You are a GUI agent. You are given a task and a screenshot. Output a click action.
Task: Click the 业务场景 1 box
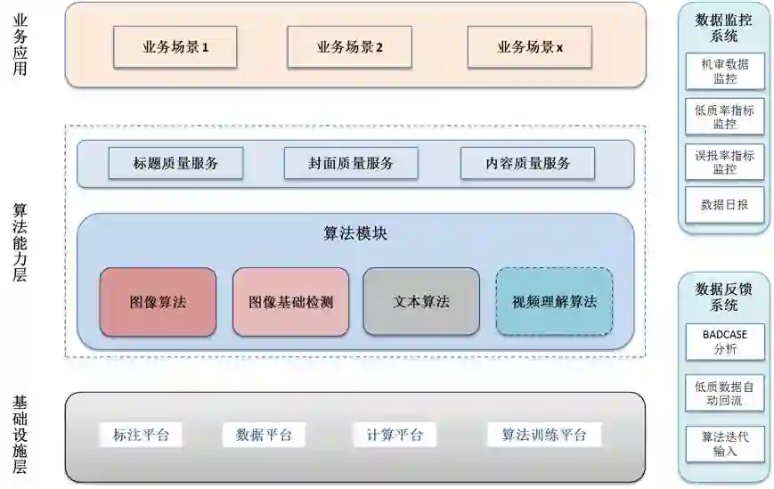[x=175, y=47]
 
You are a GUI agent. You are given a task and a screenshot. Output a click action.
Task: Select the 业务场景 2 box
[x=349, y=47]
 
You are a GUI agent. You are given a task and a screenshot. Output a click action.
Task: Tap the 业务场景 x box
[x=530, y=47]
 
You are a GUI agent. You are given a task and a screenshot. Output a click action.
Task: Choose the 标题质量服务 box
[x=175, y=163]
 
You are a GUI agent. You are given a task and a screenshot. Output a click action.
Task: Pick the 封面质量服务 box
[x=350, y=163]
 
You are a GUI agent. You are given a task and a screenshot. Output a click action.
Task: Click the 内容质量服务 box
[x=527, y=163]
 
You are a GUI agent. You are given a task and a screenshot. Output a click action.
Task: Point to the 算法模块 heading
[x=354, y=233]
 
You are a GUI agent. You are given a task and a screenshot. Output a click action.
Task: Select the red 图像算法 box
[x=158, y=302]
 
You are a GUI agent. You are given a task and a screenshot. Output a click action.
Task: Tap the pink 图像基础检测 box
[x=290, y=302]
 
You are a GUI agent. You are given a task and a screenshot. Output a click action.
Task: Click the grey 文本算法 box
[x=420, y=302]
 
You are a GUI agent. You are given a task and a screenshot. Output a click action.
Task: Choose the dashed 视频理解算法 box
[x=554, y=302]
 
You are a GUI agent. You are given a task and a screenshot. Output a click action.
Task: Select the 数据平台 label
[x=264, y=435]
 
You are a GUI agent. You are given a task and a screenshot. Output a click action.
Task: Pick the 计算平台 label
[x=395, y=435]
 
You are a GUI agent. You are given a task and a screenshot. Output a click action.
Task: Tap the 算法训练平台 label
[x=544, y=435]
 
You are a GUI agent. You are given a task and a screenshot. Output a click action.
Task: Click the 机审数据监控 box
[x=724, y=71]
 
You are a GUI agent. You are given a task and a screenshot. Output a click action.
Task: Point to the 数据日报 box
[x=724, y=205]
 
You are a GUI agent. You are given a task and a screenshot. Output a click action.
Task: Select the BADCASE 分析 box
[x=724, y=341]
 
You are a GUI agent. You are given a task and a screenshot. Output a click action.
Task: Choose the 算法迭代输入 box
[x=724, y=444]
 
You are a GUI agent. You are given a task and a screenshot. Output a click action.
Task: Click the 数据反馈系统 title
[x=723, y=297]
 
